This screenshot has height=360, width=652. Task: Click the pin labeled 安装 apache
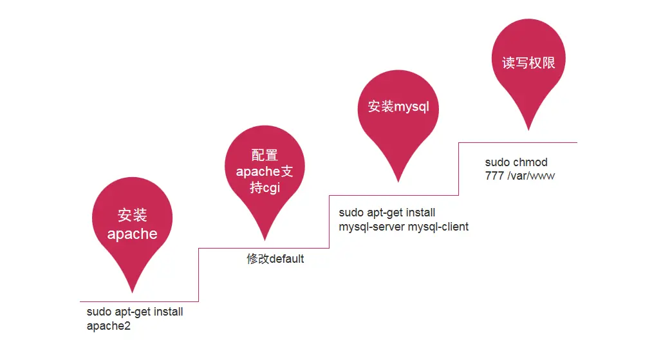click(133, 222)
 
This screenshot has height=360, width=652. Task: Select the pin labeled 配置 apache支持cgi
click(264, 171)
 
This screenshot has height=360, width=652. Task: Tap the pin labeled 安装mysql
click(398, 107)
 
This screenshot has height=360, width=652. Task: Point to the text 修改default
click(275, 260)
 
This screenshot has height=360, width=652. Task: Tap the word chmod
click(530, 162)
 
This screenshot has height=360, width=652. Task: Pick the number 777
click(494, 175)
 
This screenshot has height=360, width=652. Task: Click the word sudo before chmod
click(498, 162)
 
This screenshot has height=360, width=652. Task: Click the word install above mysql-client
click(420, 213)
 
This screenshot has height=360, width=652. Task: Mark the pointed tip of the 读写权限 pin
click(528, 129)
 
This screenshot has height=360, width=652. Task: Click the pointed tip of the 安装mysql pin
click(398, 181)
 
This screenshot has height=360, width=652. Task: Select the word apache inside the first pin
click(133, 234)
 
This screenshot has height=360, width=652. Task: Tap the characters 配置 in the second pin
click(264, 155)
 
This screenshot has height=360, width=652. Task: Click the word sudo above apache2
click(98, 312)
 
